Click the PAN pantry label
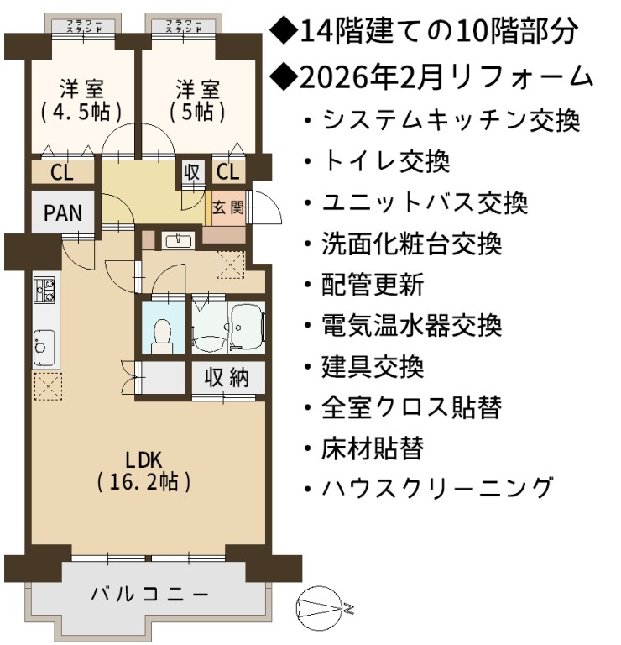[62, 213]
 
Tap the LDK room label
[144, 459]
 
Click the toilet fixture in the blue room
[162, 337]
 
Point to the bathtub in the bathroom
[247, 326]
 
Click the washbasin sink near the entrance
[179, 241]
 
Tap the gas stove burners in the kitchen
[44, 290]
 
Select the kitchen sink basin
[44, 347]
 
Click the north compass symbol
[319, 607]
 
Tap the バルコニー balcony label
[149, 595]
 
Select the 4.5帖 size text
[81, 112]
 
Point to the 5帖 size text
[197, 112]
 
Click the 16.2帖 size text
[144, 482]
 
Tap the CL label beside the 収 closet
[228, 172]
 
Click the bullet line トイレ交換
[377, 161]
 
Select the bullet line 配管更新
[364, 285]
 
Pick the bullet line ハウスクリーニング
[427, 489]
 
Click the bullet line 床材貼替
[364, 448]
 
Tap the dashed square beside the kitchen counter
[48, 386]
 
